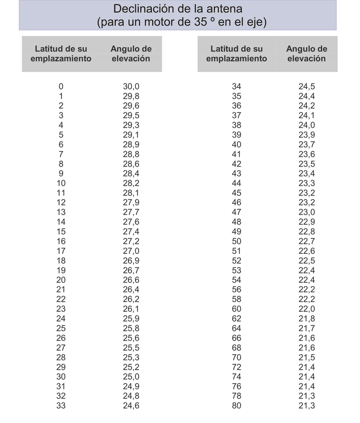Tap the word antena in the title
[x=224, y=8]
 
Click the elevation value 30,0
[x=131, y=86]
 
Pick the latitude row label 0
[x=61, y=86]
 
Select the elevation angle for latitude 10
[x=131, y=183]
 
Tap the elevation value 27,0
[x=131, y=251]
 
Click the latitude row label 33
[x=61, y=406]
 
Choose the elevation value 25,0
[x=131, y=377]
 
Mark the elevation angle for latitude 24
[x=131, y=319]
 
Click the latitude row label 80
[x=237, y=406]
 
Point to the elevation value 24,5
[x=307, y=86]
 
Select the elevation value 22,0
[x=307, y=309]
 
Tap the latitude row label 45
[x=237, y=193]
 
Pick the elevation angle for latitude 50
[x=307, y=241]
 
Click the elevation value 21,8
[x=307, y=319]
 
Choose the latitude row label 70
[x=237, y=357]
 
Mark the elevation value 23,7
[x=307, y=144]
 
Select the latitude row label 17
[x=61, y=251]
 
